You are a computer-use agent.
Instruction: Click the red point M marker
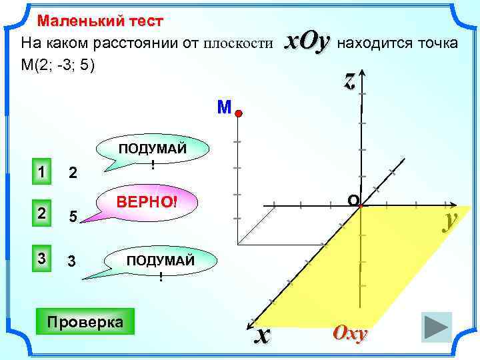click(x=237, y=114)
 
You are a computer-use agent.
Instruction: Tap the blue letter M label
click(x=223, y=107)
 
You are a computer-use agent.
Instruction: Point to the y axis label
click(x=451, y=221)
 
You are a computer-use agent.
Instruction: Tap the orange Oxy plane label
click(x=350, y=334)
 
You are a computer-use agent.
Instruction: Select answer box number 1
click(x=41, y=172)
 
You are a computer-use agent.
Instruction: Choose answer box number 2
click(x=41, y=213)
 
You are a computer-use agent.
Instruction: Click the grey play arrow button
click(x=437, y=328)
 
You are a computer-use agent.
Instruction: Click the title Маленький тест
click(x=100, y=21)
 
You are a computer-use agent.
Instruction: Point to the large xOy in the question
click(x=307, y=42)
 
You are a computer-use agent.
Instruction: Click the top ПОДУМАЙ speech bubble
click(x=153, y=155)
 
